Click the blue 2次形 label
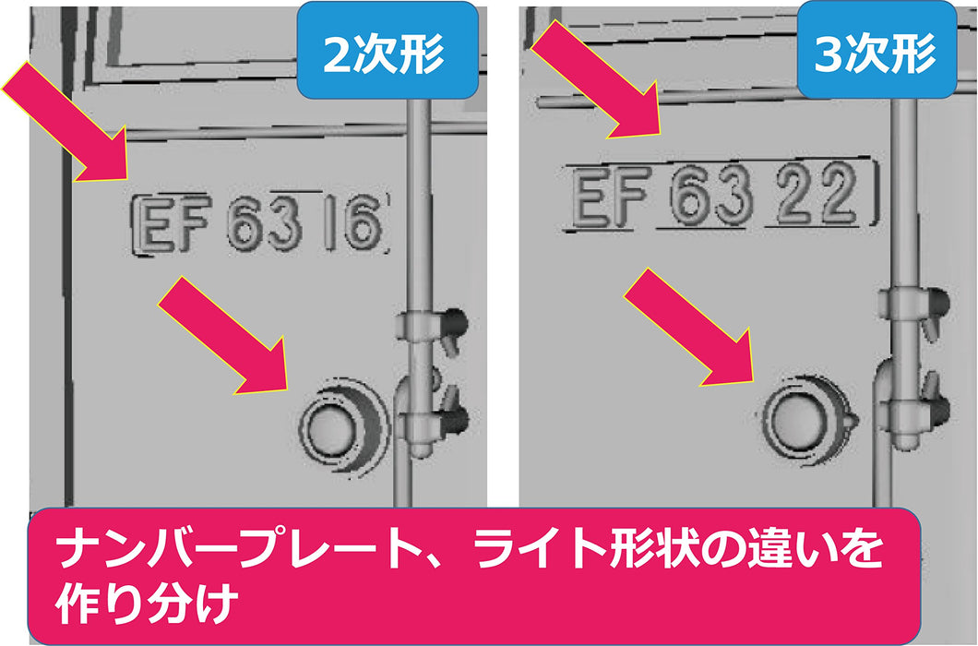coord(388,50)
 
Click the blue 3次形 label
coord(876,50)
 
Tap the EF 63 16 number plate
coord(261,223)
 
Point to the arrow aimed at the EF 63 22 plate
coord(595,80)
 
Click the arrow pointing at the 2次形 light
coord(223,336)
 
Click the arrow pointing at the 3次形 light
coord(689,327)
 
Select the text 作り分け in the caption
coord(148,604)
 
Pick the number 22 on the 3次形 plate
coord(816,193)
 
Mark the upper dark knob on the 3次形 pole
coord(936,303)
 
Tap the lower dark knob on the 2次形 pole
coord(458,419)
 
